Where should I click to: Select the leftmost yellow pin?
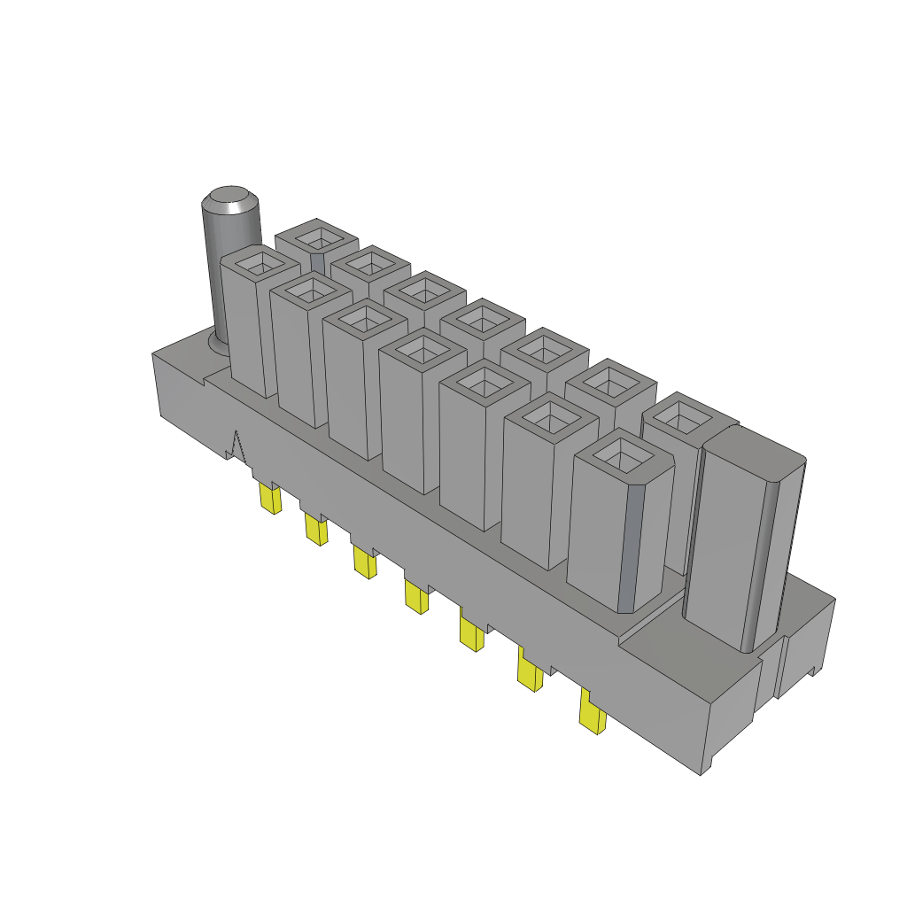270,500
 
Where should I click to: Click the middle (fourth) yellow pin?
415,594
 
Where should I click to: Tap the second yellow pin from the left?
315,530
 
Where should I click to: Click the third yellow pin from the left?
363,562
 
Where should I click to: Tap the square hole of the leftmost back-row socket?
314,237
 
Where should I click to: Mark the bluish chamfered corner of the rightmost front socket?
626,549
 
